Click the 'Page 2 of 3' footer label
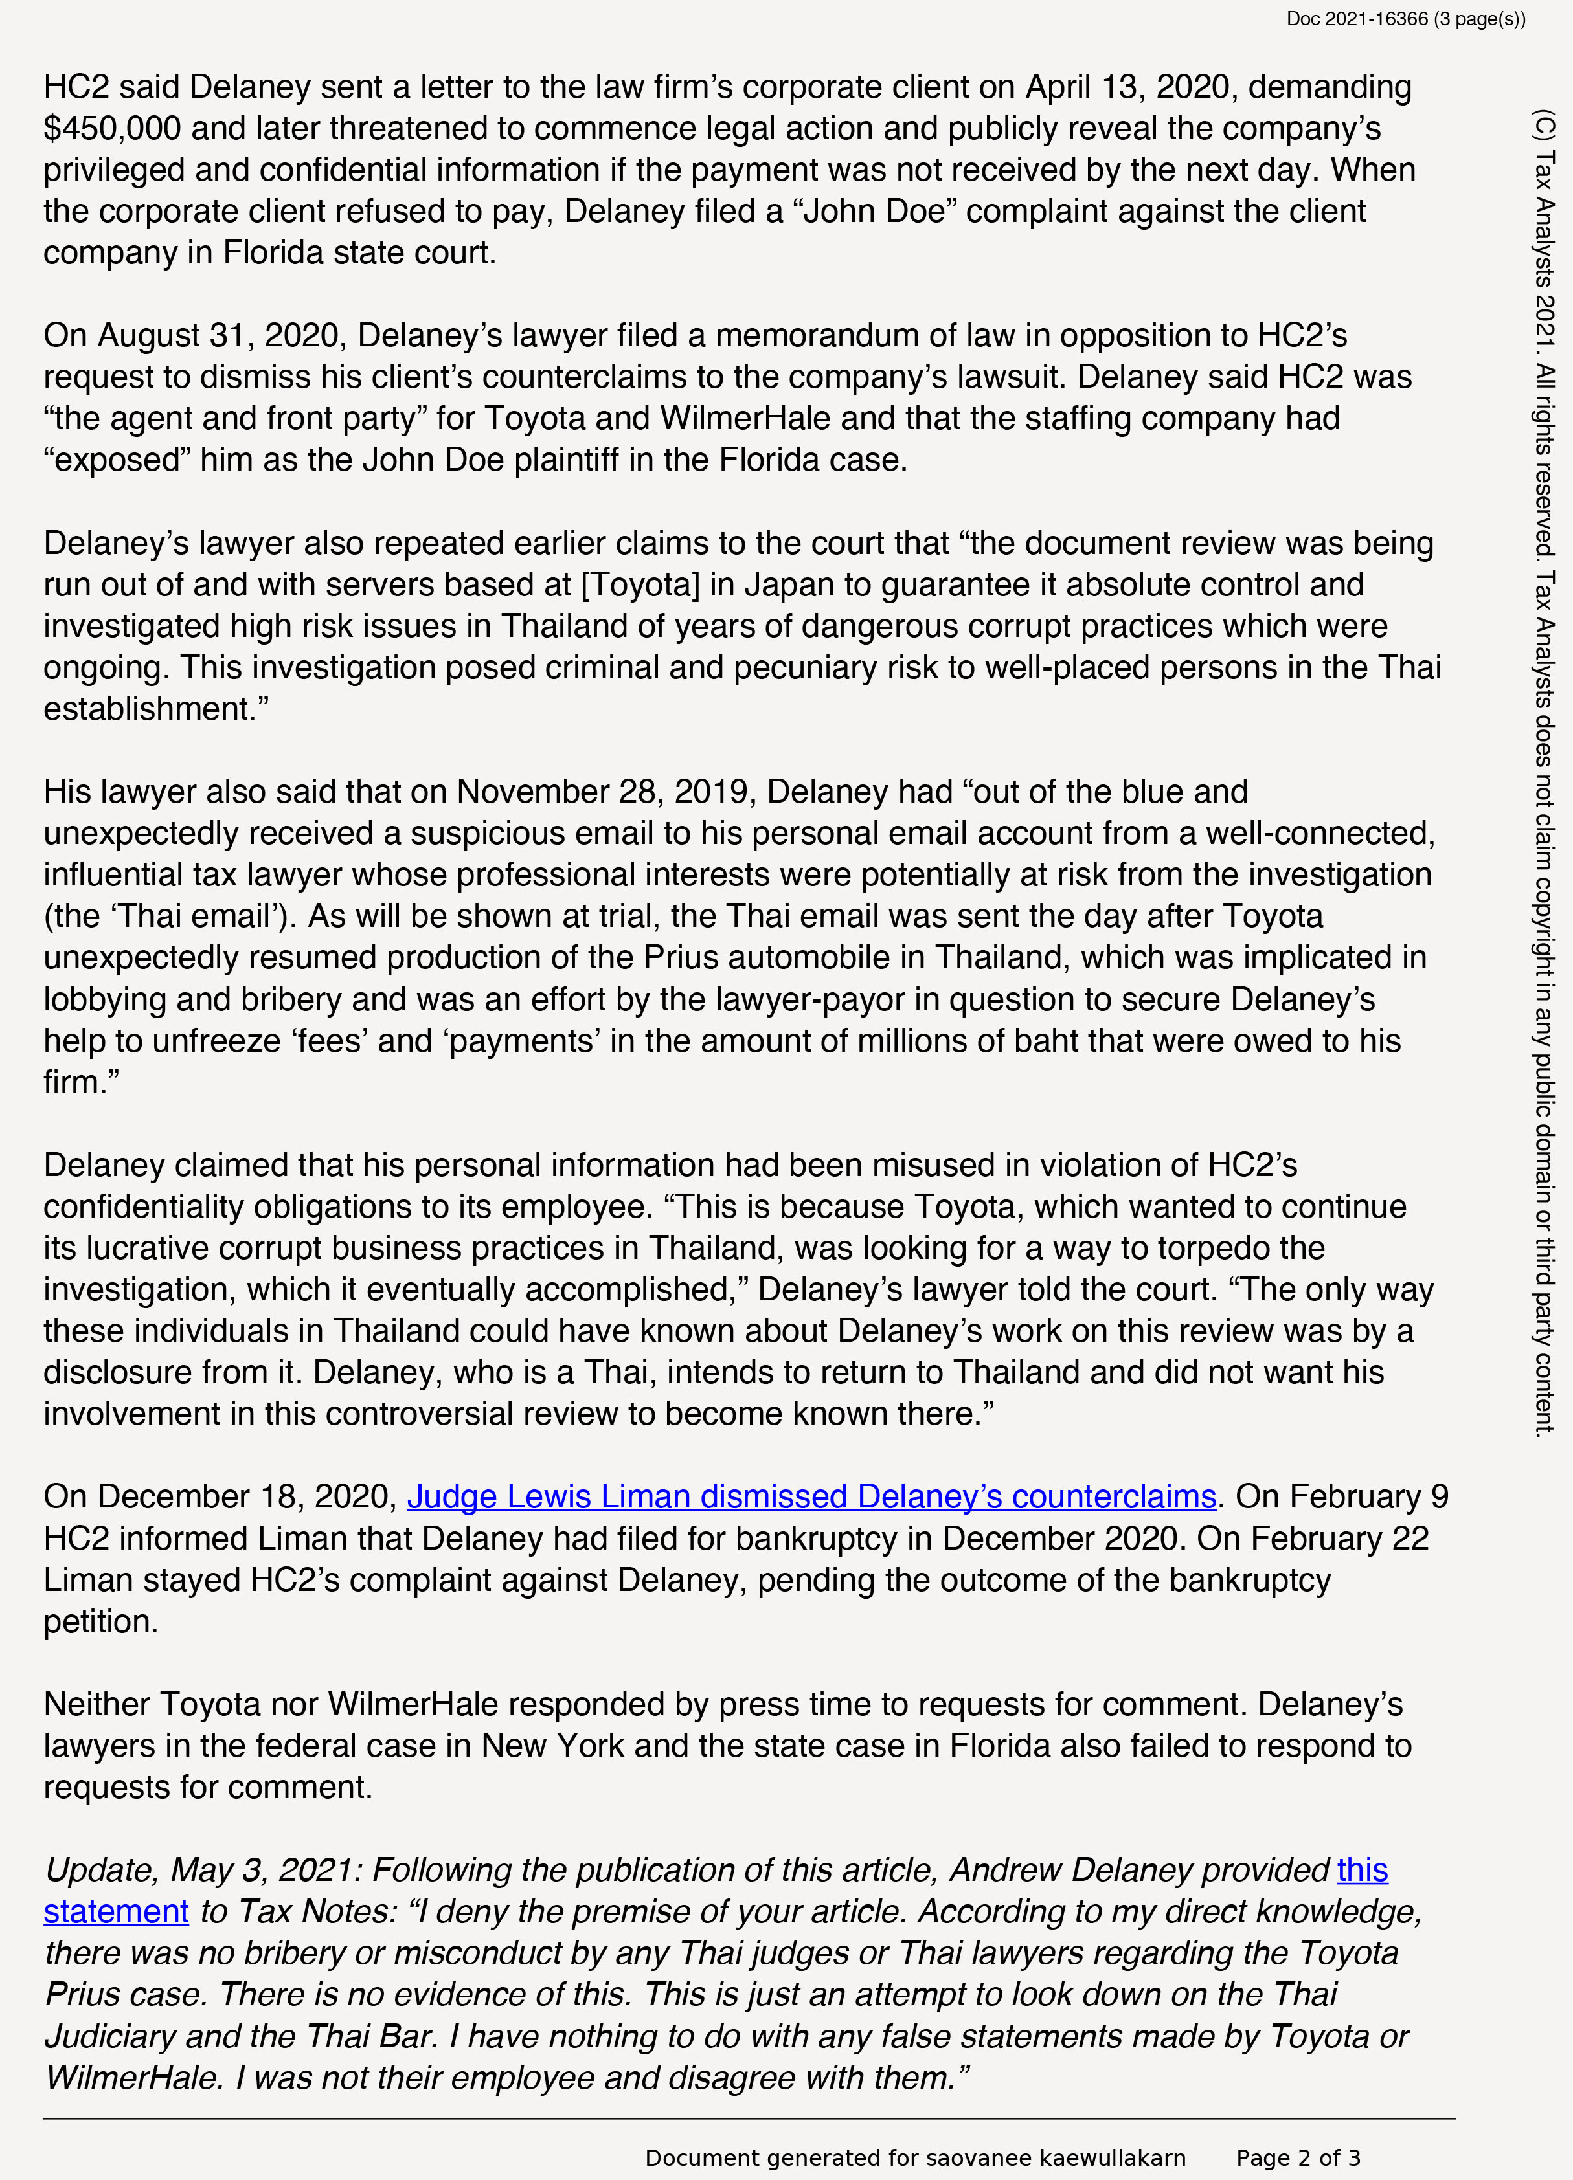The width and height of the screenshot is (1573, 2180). [x=1298, y=2158]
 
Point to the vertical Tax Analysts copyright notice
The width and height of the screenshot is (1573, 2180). [x=1543, y=769]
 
